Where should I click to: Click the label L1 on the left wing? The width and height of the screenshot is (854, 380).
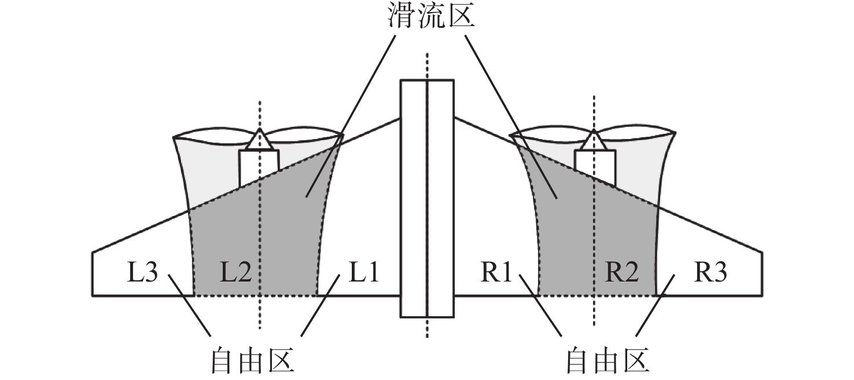(362, 272)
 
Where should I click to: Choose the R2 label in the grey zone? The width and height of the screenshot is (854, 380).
(622, 272)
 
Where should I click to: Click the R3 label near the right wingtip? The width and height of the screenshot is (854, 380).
(711, 272)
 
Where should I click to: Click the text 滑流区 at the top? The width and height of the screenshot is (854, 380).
(431, 17)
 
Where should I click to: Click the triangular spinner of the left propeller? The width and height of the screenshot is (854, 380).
(260, 140)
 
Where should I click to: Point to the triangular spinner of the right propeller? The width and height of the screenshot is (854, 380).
(594, 140)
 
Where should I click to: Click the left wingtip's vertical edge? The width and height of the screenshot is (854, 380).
(93, 274)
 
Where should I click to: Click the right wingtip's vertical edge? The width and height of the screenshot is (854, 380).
(762, 274)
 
